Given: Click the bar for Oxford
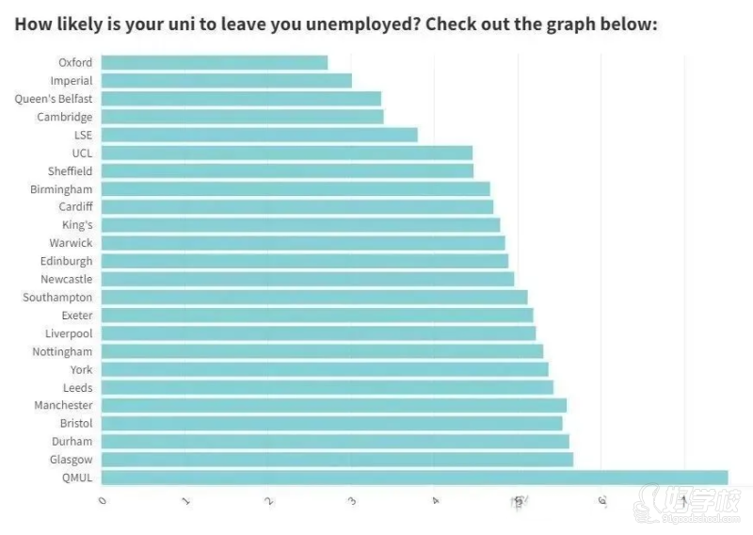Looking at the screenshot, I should pos(214,62).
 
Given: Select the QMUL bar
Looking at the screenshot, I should pos(414,478).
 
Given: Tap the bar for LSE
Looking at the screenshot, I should pos(259,135).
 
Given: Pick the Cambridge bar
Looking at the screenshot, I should pos(242,117).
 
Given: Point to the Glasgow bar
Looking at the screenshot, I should pos(337,460).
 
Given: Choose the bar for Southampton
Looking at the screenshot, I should pos(313,298).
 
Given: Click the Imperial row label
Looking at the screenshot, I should pos(72,81).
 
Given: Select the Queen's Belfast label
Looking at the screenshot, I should pos(54,99).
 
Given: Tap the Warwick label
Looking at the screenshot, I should pos(71,243).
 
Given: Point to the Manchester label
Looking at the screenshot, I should pos(64,405).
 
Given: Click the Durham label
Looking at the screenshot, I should pos(72,441).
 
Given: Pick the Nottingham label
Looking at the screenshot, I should pos(62,351).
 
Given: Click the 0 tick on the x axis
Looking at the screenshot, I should pos(103,502).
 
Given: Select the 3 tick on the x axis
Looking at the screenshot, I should pos(352,502).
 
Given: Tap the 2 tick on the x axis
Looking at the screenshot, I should pos(269,502).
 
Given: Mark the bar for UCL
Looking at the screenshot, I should pos(286,153).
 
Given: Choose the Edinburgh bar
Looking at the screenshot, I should pos(304,261).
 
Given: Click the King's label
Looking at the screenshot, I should pos(77,225).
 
